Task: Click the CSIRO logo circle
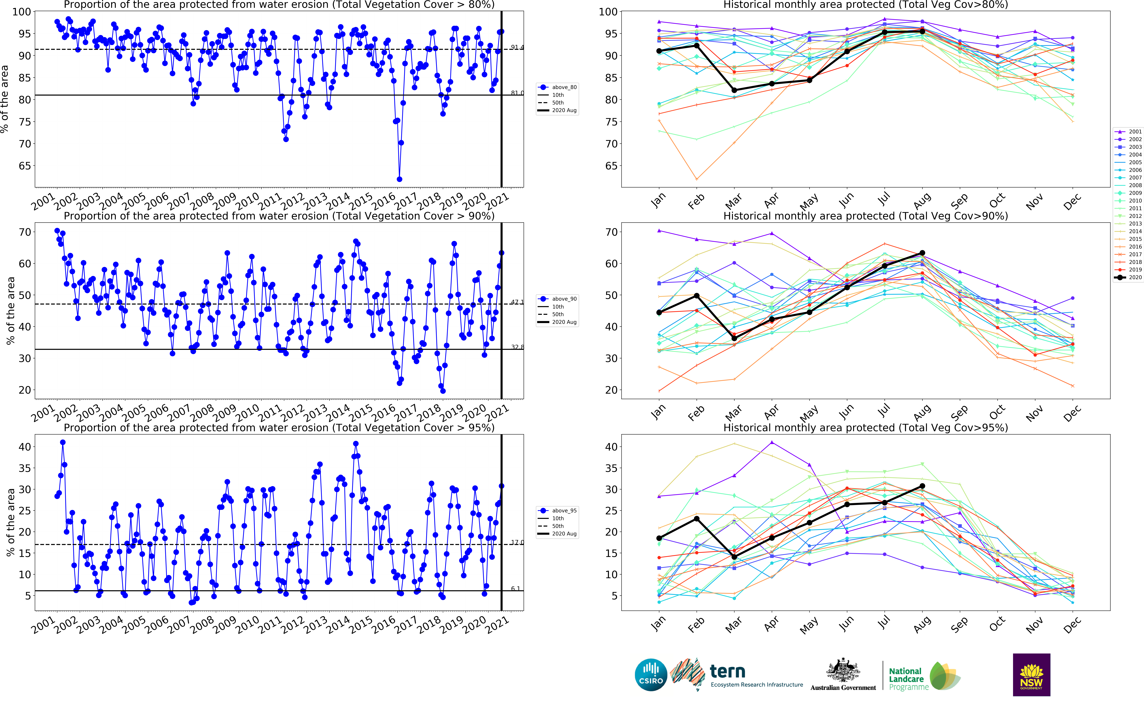651,675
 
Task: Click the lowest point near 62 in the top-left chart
399,179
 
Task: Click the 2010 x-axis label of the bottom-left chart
247,625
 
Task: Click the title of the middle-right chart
865,216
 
